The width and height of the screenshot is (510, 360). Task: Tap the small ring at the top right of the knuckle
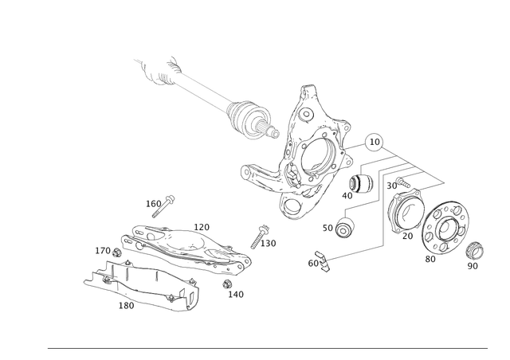pyautogui.click(x=373, y=144)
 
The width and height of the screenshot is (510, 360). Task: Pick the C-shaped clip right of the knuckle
pyautogui.click(x=363, y=186)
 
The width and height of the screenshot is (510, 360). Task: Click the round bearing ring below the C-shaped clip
pyautogui.click(x=344, y=229)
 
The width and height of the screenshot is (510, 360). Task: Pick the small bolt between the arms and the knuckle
pyautogui.click(x=261, y=233)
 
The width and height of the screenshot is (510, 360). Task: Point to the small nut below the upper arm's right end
pyautogui.click(x=226, y=283)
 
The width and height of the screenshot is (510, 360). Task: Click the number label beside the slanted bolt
pyautogui.click(x=150, y=203)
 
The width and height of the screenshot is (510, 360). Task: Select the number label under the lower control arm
pyautogui.click(x=125, y=305)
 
